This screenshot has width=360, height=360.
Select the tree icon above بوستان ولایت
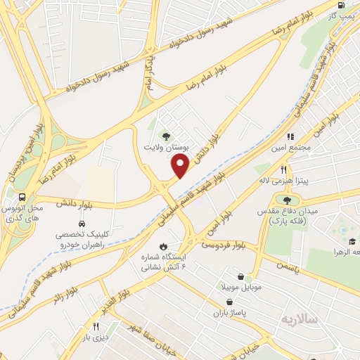pyautogui.click(x=167, y=136)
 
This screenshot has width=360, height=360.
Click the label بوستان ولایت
pyautogui.click(x=167, y=148)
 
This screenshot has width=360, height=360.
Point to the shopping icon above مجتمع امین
pyautogui.click(x=289, y=136)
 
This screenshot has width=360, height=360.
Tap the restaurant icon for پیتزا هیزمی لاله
pyautogui.click(x=283, y=169)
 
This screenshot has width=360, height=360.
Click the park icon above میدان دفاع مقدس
pyautogui.click(x=286, y=200)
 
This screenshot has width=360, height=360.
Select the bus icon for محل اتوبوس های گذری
pyautogui.click(x=24, y=197)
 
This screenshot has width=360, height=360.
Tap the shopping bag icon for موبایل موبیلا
pyautogui.click(x=240, y=277)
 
